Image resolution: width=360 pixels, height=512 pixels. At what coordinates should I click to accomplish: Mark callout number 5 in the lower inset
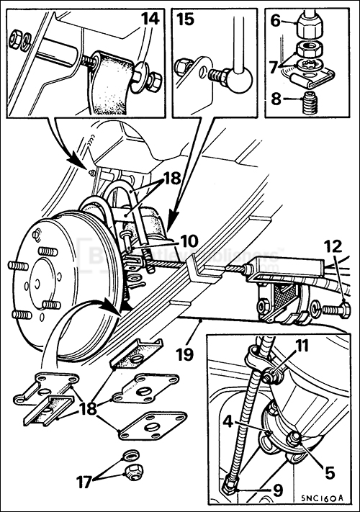click(x=329, y=473)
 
